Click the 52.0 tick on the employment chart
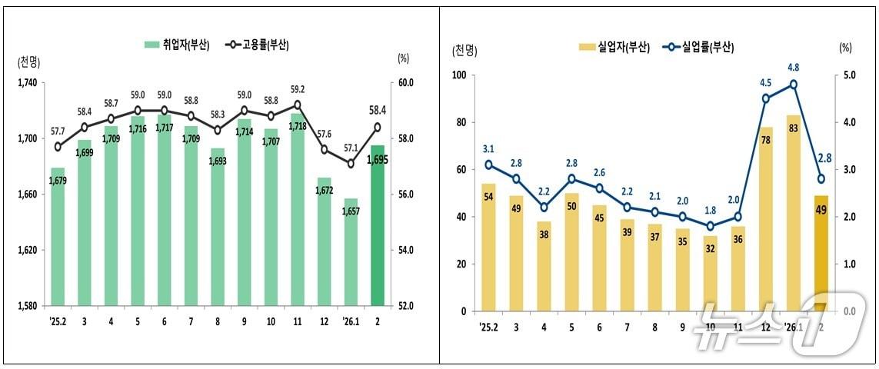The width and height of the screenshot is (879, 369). click(x=405, y=306)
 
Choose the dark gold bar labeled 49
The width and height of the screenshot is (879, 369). click(x=821, y=253)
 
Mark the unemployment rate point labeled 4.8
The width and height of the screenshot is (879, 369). click(x=794, y=85)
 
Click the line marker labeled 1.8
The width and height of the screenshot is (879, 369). click(x=711, y=226)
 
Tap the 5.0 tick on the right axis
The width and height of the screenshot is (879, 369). click(x=845, y=75)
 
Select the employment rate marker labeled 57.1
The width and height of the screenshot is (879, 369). click(x=351, y=163)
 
